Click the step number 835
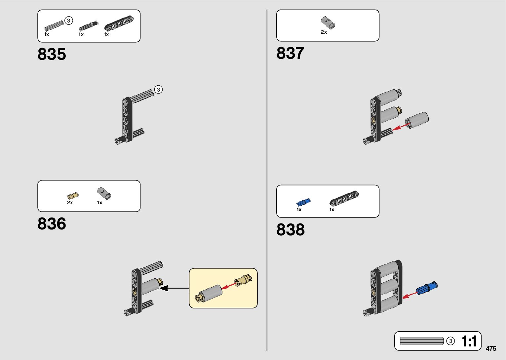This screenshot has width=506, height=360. coord(52,54)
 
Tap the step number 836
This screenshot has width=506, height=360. coord(52,224)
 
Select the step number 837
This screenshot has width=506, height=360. coord(290,53)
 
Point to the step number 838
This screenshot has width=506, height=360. coord(291,230)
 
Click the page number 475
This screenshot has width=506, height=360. coord(491,348)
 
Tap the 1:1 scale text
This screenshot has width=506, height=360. coord(469,341)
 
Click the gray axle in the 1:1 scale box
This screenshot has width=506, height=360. coord(422,341)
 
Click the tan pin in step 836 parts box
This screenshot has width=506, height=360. coord(73,195)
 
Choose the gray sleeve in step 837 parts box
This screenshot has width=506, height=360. coord(328,23)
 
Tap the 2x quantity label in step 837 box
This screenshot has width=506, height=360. coord(324,32)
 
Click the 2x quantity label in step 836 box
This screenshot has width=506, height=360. coord(70,203)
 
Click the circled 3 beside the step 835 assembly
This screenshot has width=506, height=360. coord(158,90)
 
